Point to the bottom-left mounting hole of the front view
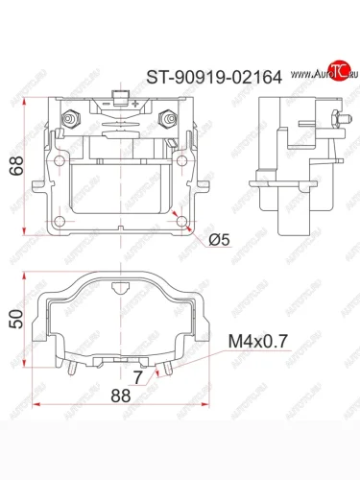60,221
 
